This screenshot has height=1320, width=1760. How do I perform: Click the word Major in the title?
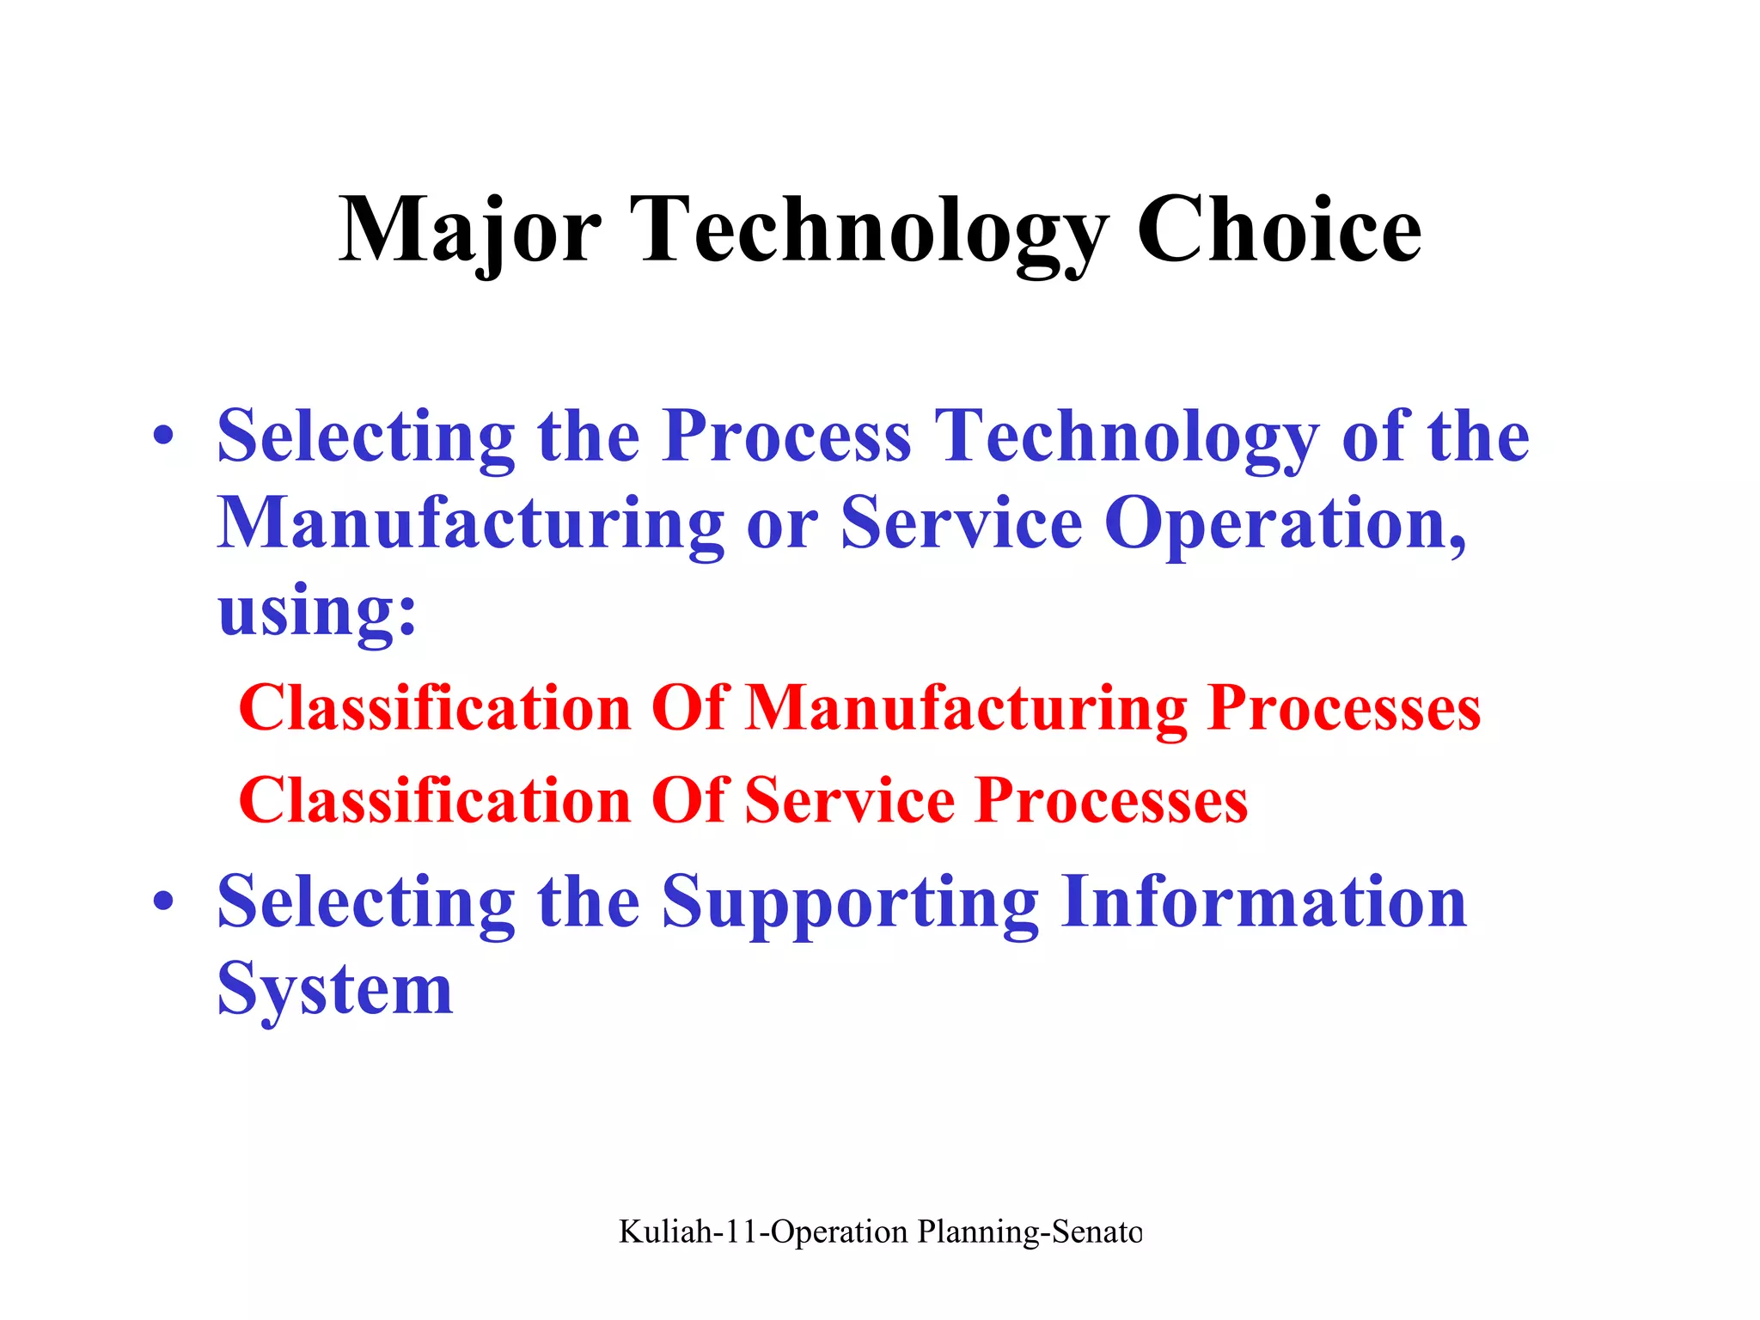(x=469, y=230)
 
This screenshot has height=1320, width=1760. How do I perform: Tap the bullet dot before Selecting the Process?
(x=163, y=436)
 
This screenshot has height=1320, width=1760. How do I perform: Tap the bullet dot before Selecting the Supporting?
(x=163, y=901)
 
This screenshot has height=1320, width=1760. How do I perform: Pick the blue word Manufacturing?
(x=471, y=524)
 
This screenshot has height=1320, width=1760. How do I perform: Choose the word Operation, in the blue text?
(x=1285, y=524)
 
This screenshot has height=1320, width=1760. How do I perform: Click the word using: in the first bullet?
(x=317, y=612)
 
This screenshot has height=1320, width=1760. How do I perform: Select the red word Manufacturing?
(x=966, y=709)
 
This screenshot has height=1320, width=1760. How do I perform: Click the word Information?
(x=1263, y=901)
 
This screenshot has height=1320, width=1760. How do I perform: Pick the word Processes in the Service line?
(x=1111, y=801)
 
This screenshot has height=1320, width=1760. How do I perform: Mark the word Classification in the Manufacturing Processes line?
(x=435, y=709)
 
